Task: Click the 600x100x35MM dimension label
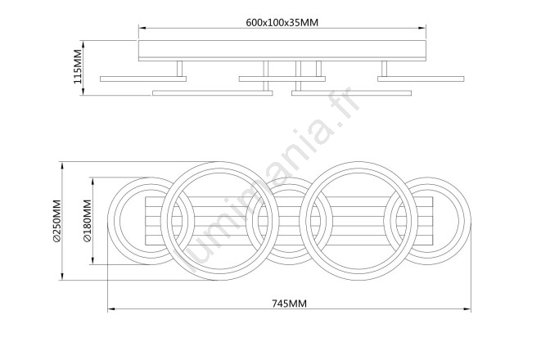coord(282,22)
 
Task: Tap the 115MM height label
coord(78,66)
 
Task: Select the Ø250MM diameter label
coord(57,221)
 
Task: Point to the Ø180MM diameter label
coord(88,221)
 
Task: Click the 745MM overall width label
coord(289,304)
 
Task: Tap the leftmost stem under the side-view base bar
coord(179,69)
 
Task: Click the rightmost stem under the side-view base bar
coord(384,69)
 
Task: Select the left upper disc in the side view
coord(143,79)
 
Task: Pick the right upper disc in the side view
coord(421,79)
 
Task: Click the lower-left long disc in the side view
coord(213,93)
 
